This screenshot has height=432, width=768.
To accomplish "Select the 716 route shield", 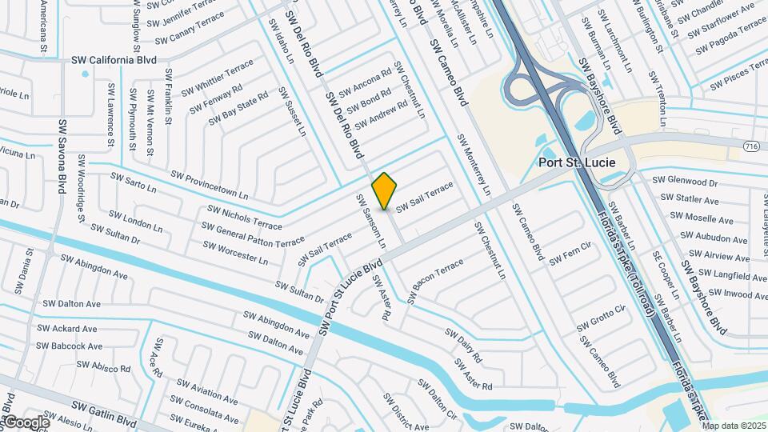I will pos(750,146).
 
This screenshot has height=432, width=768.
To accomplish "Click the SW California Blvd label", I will pos(114,59).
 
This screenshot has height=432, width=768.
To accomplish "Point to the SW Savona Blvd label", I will pos(61,157).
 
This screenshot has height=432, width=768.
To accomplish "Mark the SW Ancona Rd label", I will pos(364,82).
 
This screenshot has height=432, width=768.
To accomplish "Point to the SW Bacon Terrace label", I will pos(436,280).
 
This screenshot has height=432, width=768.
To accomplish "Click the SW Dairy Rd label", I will pos(464,344).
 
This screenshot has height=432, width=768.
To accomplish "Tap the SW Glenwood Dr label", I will pos(685,182).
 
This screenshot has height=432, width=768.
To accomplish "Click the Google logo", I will pos(26,422).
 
